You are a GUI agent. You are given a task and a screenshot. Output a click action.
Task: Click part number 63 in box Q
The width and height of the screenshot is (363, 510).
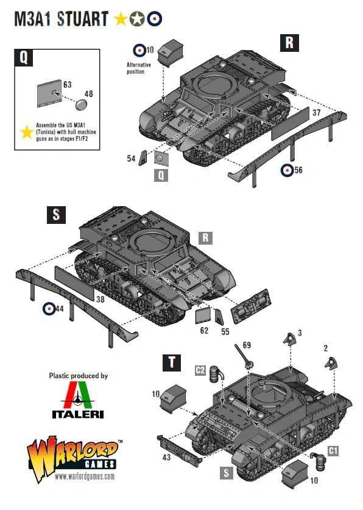click(67, 84)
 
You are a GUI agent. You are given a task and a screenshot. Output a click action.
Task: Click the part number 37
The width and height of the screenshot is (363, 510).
click(316, 113)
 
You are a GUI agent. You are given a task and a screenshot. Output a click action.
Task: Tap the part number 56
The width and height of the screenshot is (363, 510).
click(298, 170)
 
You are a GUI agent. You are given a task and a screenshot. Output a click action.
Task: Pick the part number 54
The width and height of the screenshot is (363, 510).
click(131, 159)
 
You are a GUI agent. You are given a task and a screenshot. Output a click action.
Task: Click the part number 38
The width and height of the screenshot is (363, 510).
click(100, 300)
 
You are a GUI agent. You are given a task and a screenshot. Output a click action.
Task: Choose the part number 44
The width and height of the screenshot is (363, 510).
click(59, 309)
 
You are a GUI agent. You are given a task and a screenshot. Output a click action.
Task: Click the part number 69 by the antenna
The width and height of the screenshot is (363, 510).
click(246, 346)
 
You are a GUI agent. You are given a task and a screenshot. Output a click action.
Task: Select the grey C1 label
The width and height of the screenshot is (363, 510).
click(333, 450)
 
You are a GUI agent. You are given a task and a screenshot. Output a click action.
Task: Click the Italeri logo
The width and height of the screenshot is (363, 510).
click(79, 400)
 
